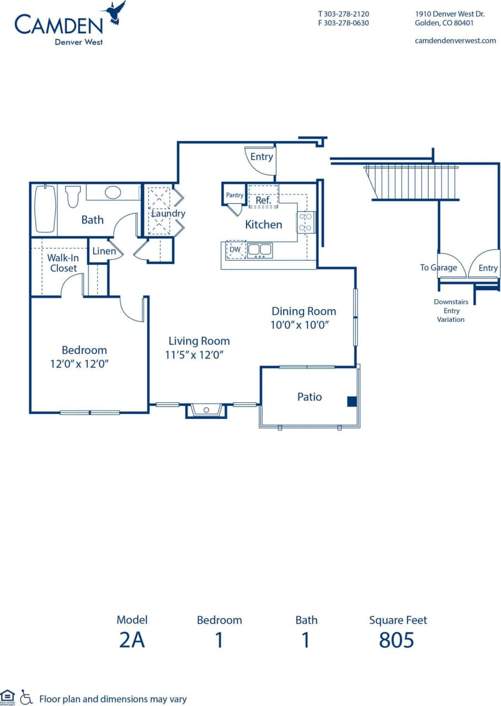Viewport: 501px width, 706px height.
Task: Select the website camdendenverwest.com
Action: tap(455, 41)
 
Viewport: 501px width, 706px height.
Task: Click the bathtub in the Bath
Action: tap(45, 209)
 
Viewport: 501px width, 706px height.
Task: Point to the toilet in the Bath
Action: tap(73, 197)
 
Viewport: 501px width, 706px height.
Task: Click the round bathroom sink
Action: tap(113, 192)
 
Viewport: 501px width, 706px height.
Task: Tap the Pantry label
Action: tap(234, 195)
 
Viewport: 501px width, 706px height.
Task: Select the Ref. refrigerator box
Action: tap(263, 197)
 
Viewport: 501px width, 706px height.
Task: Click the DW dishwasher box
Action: tap(235, 249)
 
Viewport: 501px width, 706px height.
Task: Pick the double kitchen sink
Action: tap(259, 250)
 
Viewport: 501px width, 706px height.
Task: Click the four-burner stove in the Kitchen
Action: tap(306, 222)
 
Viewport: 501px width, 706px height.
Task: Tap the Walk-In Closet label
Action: tap(62, 263)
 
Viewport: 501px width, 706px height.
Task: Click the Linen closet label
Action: tap(104, 251)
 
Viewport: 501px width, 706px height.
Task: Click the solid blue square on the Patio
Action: tap(352, 401)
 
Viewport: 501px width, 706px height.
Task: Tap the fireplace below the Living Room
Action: tap(206, 411)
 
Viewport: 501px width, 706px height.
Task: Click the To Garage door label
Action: tap(438, 268)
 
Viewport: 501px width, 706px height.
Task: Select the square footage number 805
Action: tap(396, 640)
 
